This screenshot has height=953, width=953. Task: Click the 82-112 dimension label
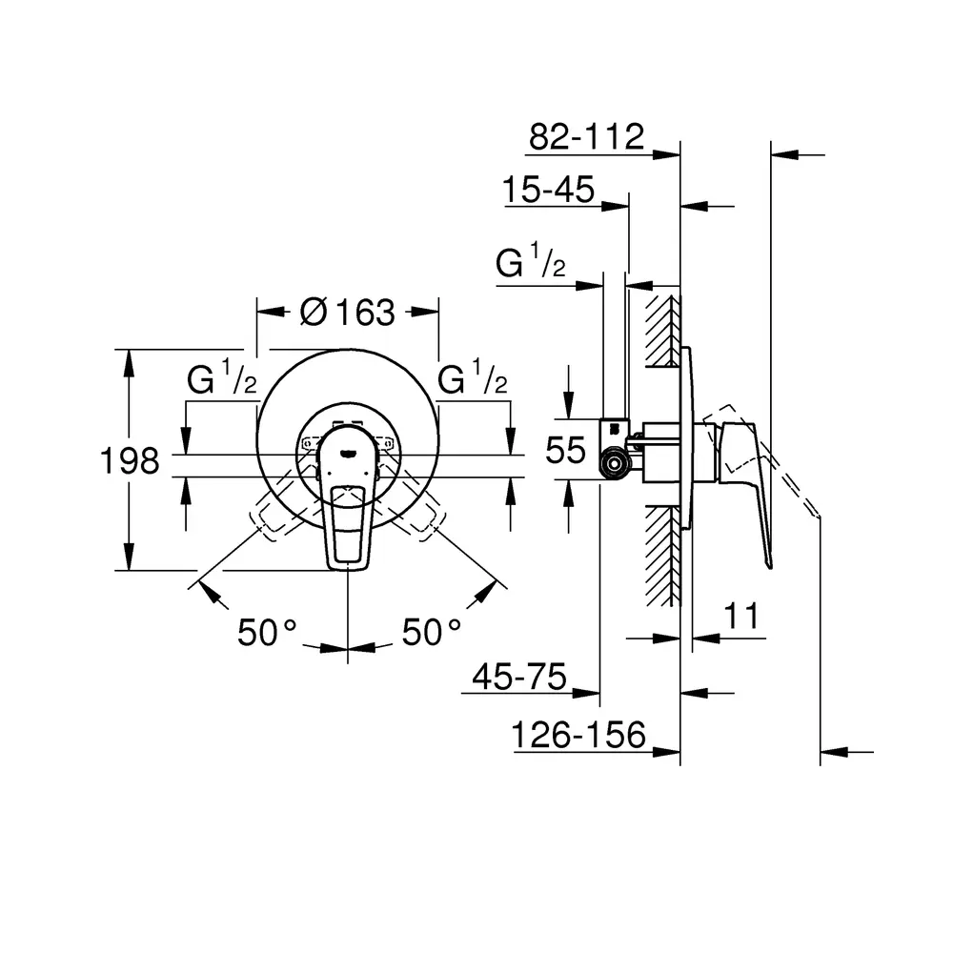pyautogui.click(x=586, y=136)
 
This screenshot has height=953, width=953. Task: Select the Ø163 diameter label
pyautogui.click(x=347, y=313)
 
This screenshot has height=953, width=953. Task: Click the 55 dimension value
pyautogui.click(x=565, y=451)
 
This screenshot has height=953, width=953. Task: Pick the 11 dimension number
pyautogui.click(x=741, y=616)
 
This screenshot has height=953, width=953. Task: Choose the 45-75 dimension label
pyautogui.click(x=519, y=676)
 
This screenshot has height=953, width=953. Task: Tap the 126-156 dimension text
pyautogui.click(x=578, y=735)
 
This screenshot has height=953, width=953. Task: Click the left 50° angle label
pyautogui.click(x=267, y=632)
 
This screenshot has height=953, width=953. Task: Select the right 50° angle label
pyautogui.click(x=432, y=632)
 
